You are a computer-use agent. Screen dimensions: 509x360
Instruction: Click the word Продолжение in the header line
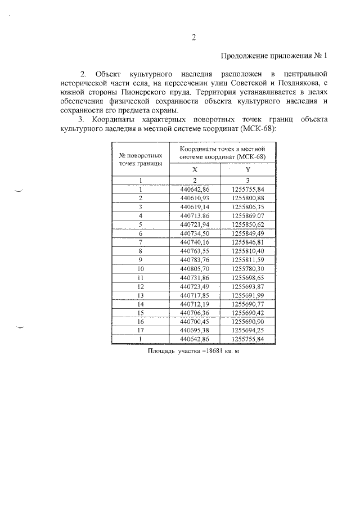(x=242, y=55)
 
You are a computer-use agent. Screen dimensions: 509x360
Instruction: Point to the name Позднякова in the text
(x=280, y=82)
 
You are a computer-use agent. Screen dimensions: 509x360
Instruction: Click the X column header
(x=195, y=169)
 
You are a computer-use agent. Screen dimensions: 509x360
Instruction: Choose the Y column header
(x=247, y=169)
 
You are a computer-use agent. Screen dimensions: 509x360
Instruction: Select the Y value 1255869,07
(x=247, y=215)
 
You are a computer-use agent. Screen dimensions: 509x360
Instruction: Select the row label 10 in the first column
(x=141, y=269)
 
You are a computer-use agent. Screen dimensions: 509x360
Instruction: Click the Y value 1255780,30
(x=247, y=269)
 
